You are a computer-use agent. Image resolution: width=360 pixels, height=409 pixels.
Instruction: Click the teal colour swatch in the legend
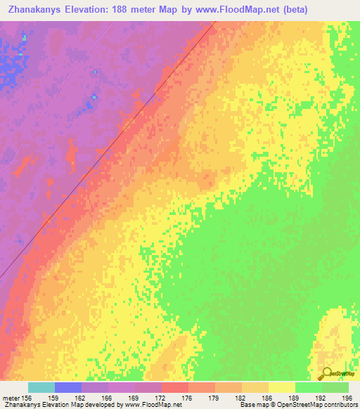click(41, 387)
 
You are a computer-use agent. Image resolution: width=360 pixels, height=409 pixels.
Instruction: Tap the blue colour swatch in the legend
click(68, 387)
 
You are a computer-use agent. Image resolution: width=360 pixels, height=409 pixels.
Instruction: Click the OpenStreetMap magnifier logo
click(326, 374)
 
